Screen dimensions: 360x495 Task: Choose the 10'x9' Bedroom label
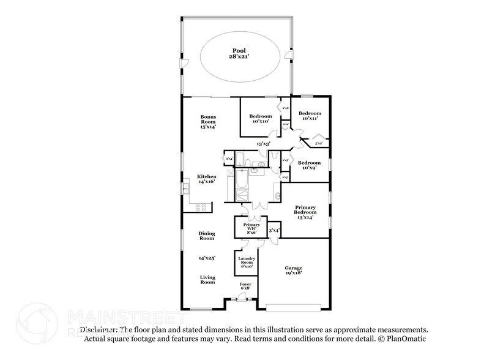click(310, 165)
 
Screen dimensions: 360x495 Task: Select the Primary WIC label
click(251, 228)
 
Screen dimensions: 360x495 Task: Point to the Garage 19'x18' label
click(293, 270)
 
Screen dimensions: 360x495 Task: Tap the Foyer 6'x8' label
click(245, 287)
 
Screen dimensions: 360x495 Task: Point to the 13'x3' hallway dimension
click(263, 143)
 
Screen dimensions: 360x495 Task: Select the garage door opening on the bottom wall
click(292, 306)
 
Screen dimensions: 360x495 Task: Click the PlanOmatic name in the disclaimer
click(406, 338)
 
